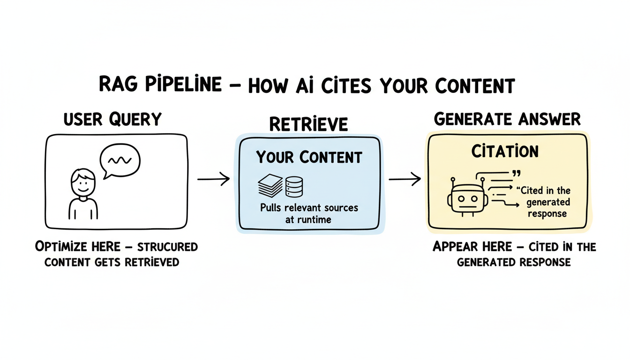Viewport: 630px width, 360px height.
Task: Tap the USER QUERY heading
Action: coord(112,120)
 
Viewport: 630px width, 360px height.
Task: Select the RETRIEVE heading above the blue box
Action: coord(308,124)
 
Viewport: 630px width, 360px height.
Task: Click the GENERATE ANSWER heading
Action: coord(507,120)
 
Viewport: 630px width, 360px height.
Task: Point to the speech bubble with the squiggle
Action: coord(120,161)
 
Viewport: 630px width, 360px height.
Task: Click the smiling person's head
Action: coord(83,182)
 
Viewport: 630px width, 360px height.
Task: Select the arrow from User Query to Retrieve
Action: coord(213,179)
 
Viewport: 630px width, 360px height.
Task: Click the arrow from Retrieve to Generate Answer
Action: coord(405,179)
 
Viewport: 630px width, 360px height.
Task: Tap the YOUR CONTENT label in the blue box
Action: coord(309,157)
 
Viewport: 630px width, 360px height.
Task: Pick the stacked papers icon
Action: coord(270,185)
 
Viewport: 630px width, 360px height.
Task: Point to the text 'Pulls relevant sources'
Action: coord(309,208)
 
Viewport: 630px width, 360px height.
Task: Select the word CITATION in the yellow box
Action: coord(504,151)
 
